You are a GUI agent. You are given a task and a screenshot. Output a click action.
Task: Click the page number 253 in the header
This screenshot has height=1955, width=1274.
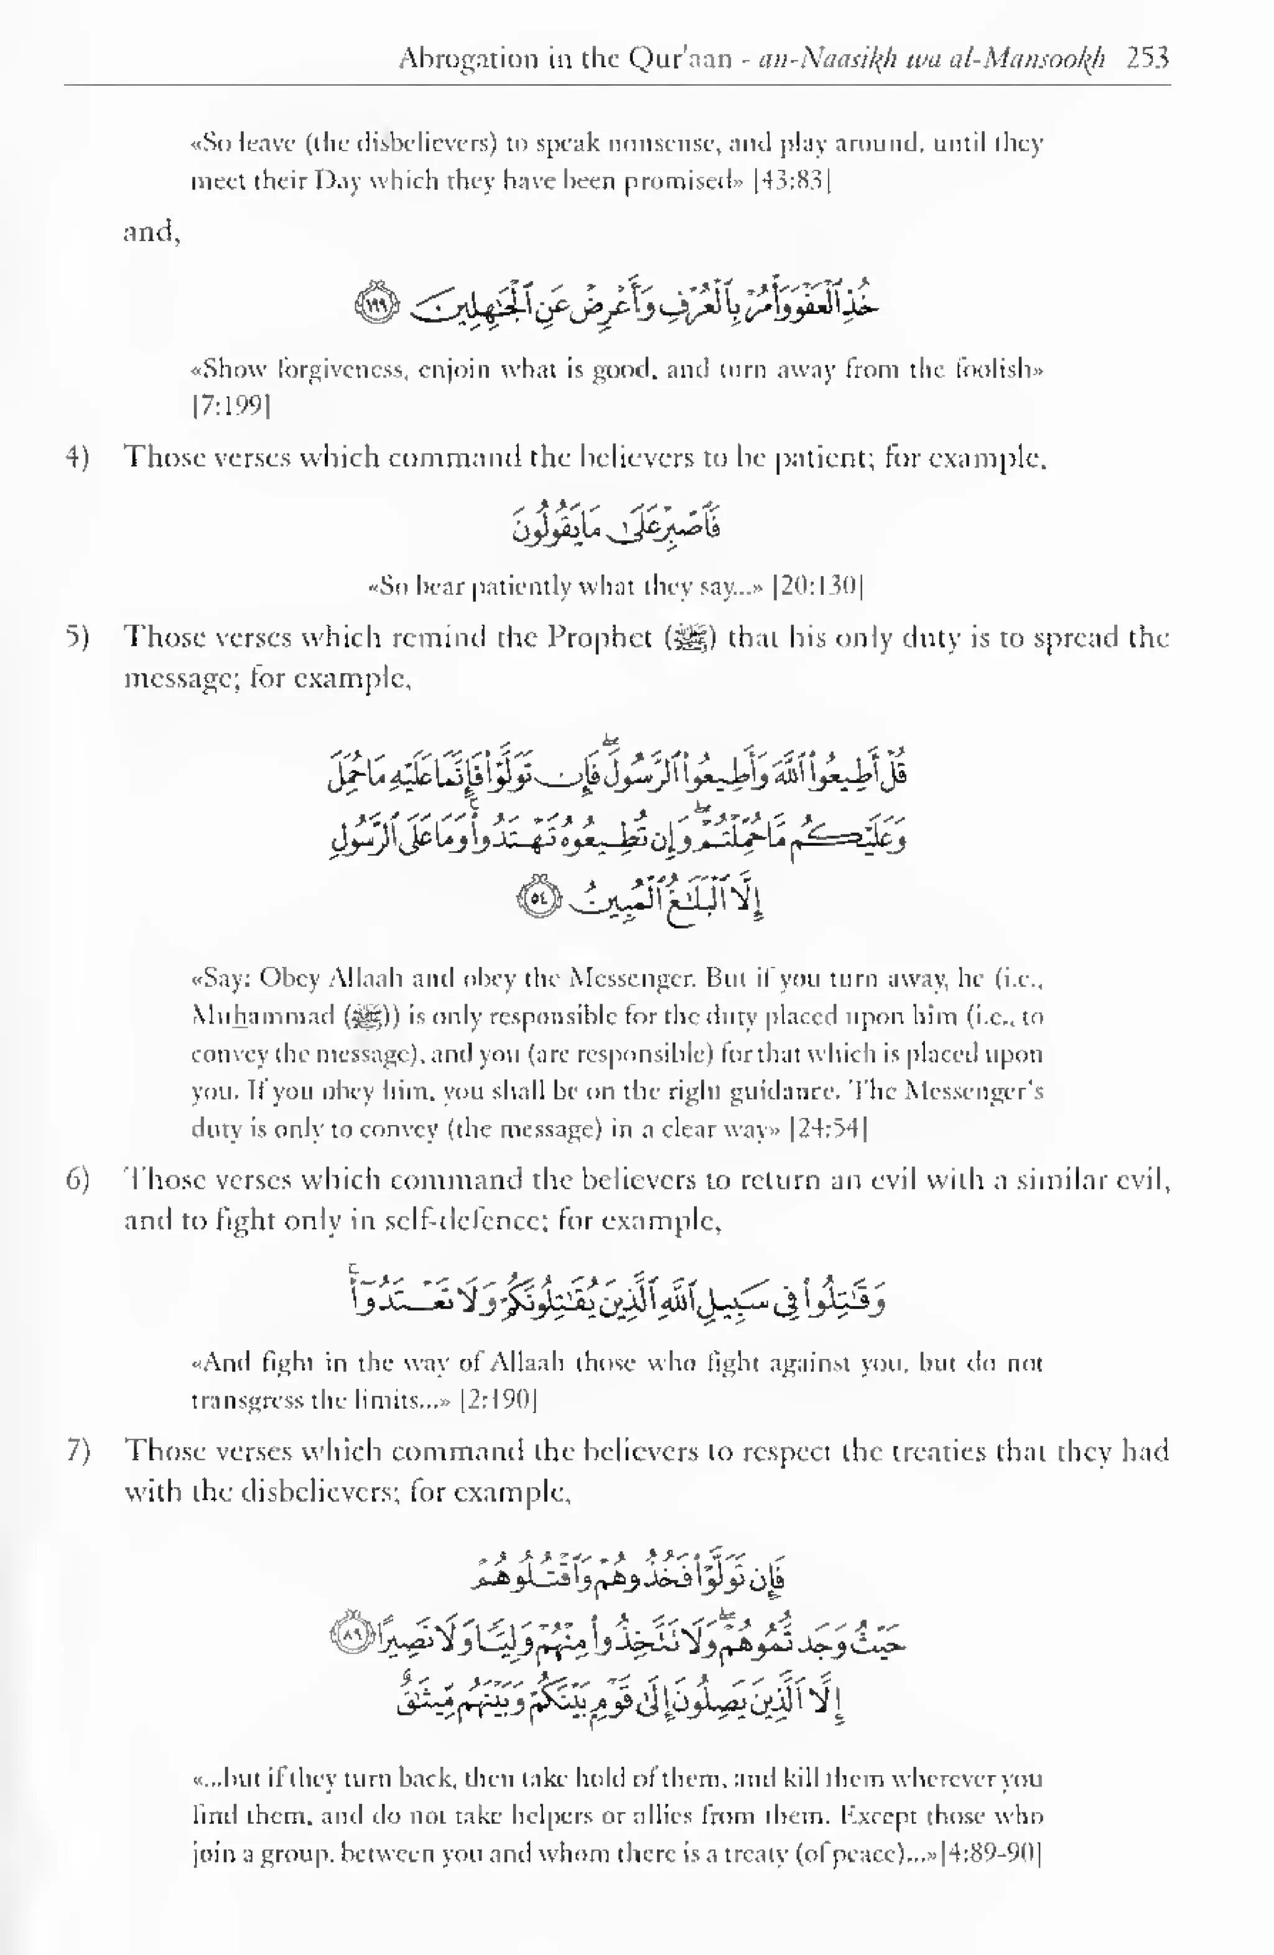[x=1148, y=58]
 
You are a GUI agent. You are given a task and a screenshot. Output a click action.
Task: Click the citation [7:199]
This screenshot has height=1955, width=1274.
[x=231, y=406]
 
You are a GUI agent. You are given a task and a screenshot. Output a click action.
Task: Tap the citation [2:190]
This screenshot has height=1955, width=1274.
[x=499, y=1400]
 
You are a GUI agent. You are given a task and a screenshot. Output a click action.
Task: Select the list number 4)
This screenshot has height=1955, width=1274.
[x=77, y=457]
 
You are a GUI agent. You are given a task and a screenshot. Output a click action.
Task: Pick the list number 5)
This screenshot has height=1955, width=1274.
[x=77, y=637]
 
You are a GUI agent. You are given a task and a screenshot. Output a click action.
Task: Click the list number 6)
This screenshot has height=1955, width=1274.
[x=77, y=1180]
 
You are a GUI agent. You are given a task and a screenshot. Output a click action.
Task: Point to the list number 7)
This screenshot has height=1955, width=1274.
[x=77, y=1452]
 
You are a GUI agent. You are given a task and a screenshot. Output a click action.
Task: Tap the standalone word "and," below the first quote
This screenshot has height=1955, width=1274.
[x=152, y=233]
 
